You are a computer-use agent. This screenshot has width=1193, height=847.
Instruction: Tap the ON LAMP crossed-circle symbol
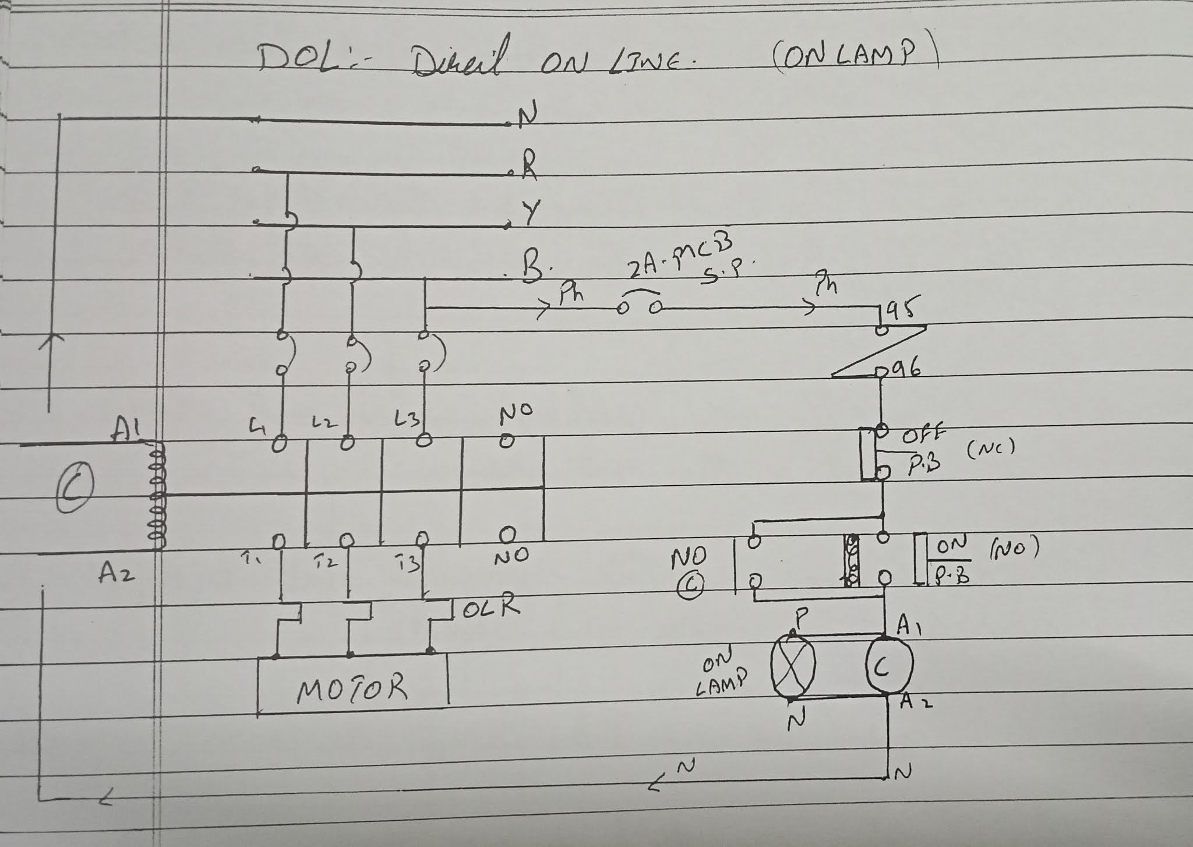tap(793, 664)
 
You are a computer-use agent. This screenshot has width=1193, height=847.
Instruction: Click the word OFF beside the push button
tap(923, 435)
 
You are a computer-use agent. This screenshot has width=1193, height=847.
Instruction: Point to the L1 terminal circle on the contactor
tap(280, 443)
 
